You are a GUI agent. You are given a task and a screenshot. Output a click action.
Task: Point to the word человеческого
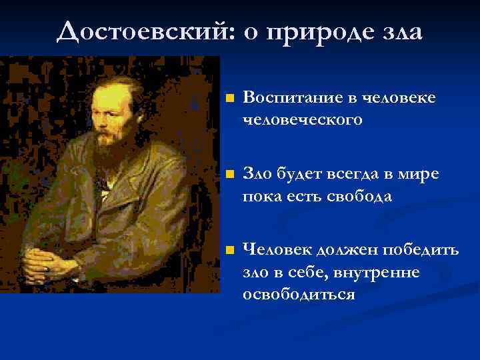pyautogui.click(x=303, y=119)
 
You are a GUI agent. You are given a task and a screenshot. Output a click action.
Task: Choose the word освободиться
pyautogui.click(x=299, y=294)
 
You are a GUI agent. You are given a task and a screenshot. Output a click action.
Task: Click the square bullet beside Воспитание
pyautogui.click(x=229, y=99)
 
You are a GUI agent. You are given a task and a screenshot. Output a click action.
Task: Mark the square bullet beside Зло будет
pyautogui.click(x=229, y=175)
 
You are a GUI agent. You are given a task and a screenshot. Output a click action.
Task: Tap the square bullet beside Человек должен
pyautogui.click(x=229, y=251)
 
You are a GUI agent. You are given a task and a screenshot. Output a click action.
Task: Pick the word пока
pyautogui.click(x=261, y=196)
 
